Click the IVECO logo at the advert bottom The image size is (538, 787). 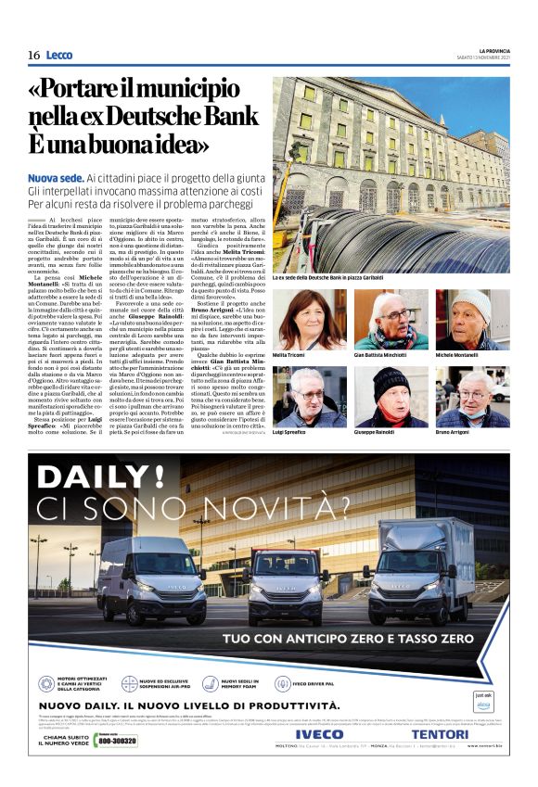tap(319, 733)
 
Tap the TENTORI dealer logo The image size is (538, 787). tap(440, 733)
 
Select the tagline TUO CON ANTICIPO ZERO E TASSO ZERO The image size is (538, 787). tap(349, 639)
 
